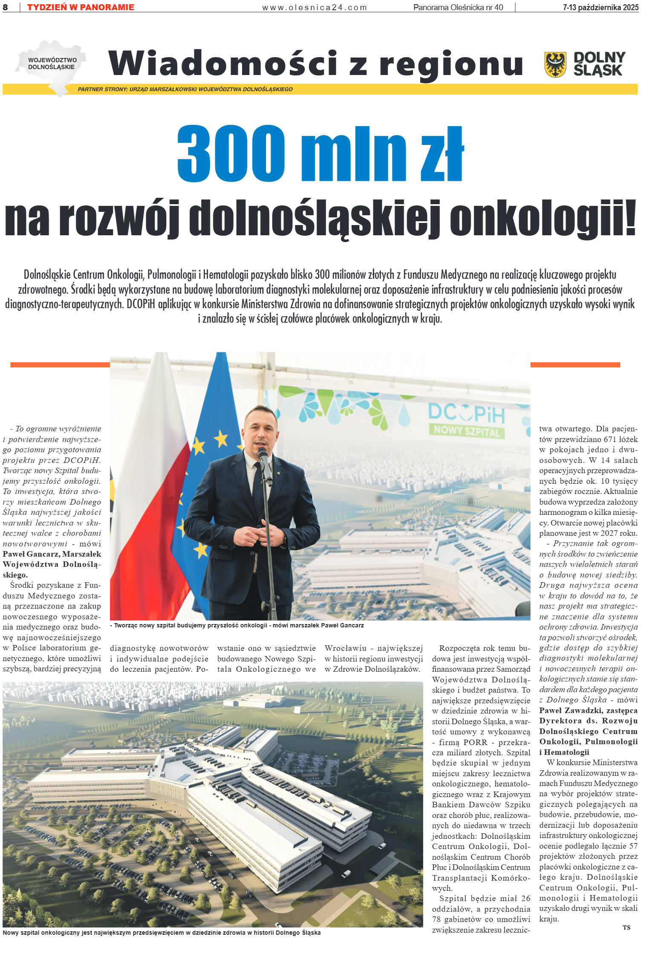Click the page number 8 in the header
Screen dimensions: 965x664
coord(5,7)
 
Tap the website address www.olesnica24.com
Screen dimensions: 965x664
coord(314,7)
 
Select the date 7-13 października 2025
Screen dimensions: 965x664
coord(600,7)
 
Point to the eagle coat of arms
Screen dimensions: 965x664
coord(555,64)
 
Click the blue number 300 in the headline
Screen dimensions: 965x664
coord(231,153)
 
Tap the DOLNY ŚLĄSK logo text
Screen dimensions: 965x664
coord(599,64)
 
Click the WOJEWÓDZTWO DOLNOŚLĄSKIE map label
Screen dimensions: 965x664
coord(52,64)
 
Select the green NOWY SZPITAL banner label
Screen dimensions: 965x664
coord(466,431)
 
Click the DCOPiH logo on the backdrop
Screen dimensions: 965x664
coord(466,413)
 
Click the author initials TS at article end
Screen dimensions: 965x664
coord(626,927)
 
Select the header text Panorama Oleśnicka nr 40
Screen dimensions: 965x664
coord(458,7)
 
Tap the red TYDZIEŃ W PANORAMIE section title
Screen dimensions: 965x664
coord(81,7)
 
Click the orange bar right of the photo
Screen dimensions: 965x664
coord(575,364)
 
